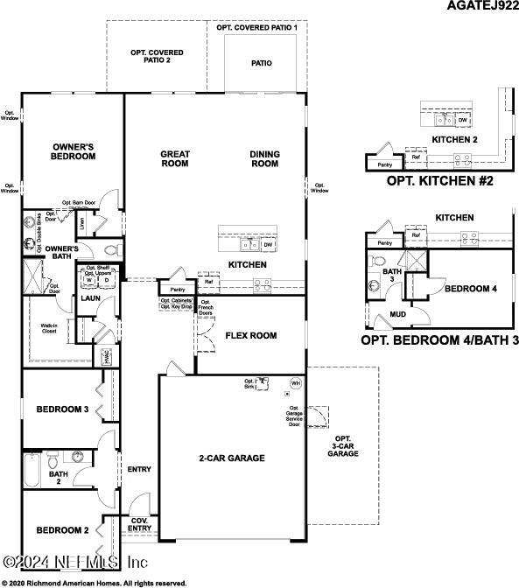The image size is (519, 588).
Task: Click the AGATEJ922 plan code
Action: tap(477, 6)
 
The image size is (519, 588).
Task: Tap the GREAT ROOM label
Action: tap(175, 158)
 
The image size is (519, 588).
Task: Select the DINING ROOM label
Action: tap(264, 158)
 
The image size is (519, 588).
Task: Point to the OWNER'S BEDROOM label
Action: tap(74, 151)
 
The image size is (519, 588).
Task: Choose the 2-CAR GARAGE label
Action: tap(231, 458)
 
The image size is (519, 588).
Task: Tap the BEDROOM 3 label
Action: tap(62, 409)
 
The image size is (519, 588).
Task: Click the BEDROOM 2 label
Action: tap(62, 530)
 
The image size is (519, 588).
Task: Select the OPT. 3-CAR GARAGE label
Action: tap(342, 446)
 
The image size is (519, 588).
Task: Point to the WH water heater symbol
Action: tap(295, 384)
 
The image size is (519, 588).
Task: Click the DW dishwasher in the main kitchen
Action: tap(269, 245)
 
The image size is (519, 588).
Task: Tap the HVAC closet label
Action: tap(107, 356)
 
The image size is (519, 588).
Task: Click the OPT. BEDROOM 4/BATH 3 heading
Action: tap(435, 339)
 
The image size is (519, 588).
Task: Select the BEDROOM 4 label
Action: tap(470, 288)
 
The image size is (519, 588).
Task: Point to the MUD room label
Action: tap(397, 313)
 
